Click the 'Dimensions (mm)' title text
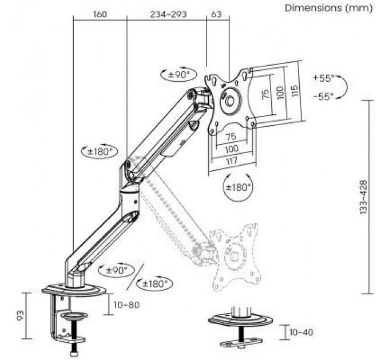(x=328, y=8)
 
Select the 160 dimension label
(x=100, y=14)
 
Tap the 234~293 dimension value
(x=168, y=14)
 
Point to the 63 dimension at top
(x=216, y=14)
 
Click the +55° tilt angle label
(x=324, y=78)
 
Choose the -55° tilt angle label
(x=324, y=96)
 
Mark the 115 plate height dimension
(x=294, y=91)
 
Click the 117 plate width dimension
(x=232, y=161)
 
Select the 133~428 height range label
(x=363, y=197)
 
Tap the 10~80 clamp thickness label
(x=126, y=305)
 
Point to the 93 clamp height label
(x=21, y=315)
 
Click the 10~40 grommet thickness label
(x=301, y=332)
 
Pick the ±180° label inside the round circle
(x=238, y=187)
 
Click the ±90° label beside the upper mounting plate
(x=178, y=74)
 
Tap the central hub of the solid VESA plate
(x=229, y=101)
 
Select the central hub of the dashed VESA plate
(x=235, y=256)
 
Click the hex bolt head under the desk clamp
(x=75, y=353)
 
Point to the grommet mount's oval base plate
(x=241, y=321)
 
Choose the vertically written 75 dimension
(x=265, y=94)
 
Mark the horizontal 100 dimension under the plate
(x=232, y=149)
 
